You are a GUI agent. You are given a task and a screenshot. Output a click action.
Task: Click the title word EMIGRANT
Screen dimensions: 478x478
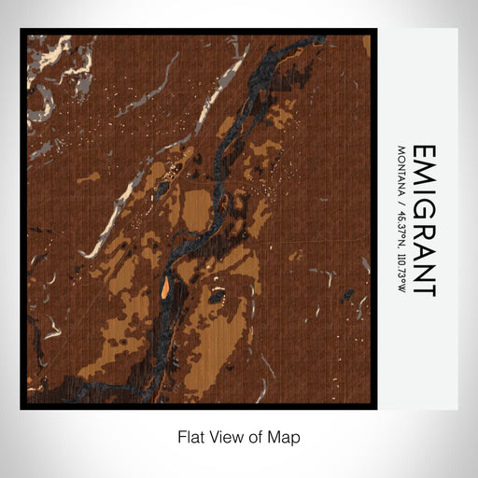click(x=423, y=219)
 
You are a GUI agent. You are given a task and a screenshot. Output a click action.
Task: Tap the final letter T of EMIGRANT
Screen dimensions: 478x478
click(x=423, y=289)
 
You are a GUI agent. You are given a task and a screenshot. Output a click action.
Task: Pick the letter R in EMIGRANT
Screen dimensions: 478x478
click(x=423, y=227)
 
